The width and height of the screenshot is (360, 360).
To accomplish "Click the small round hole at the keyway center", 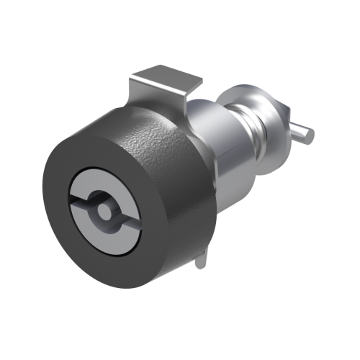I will point(105,211).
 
